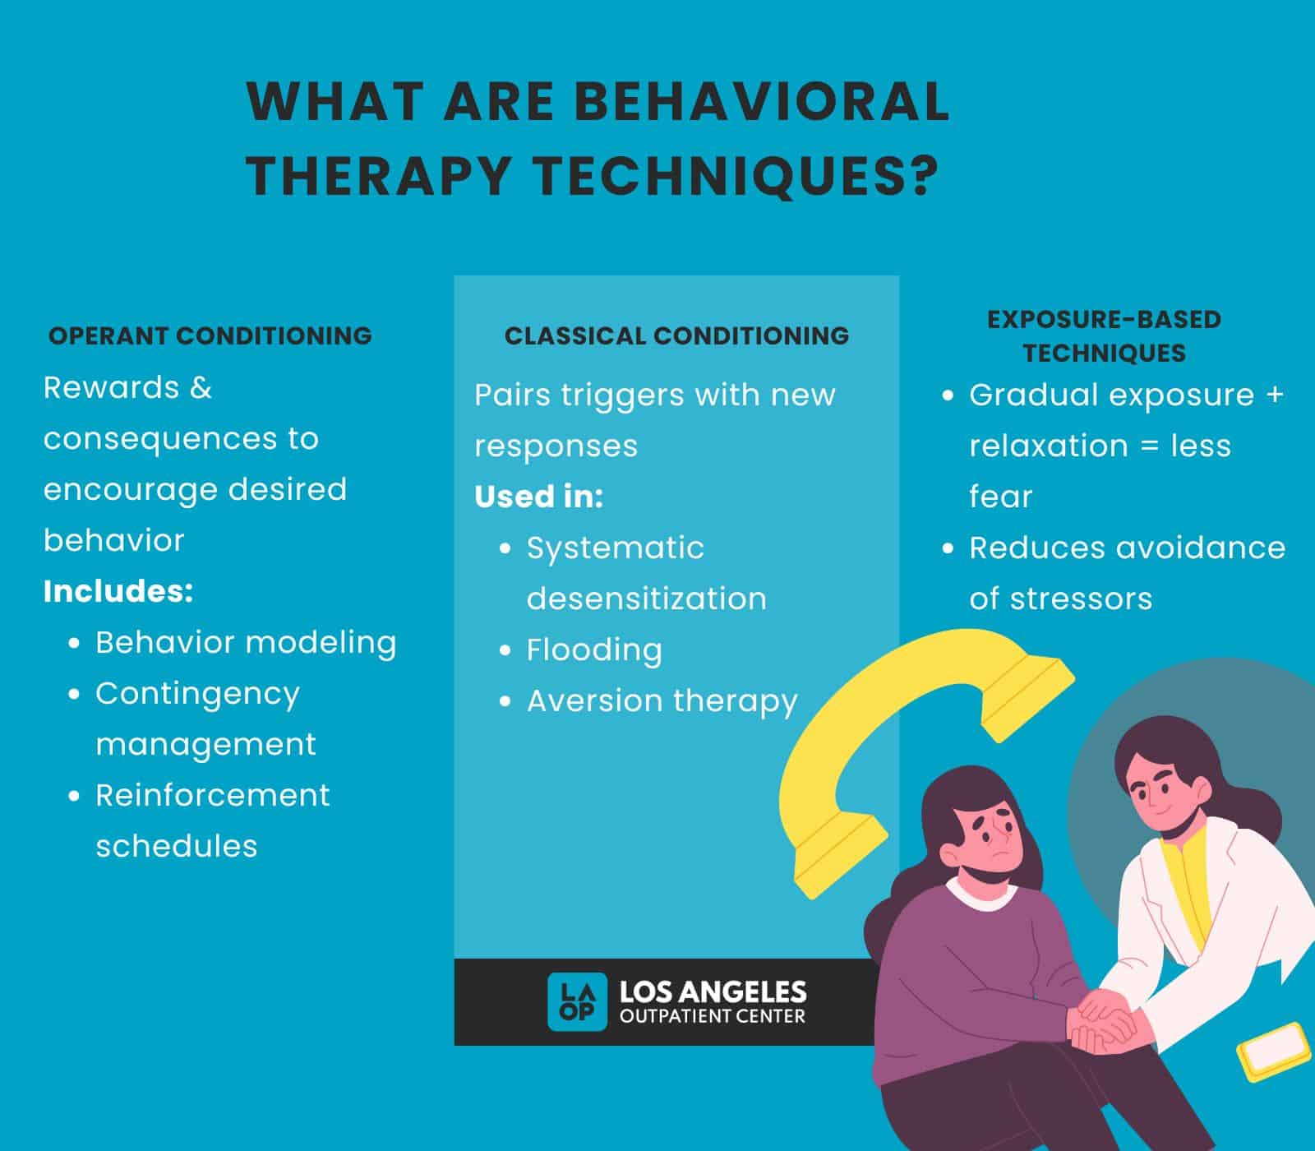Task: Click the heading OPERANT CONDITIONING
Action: pyautogui.click(x=210, y=335)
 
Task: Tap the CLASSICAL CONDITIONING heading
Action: pyautogui.click(x=676, y=335)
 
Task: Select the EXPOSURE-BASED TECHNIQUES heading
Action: pyautogui.click(x=1104, y=335)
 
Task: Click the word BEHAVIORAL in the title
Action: pyautogui.click(x=762, y=101)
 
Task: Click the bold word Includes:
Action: pyautogui.click(x=118, y=591)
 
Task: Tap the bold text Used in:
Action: pyautogui.click(x=539, y=497)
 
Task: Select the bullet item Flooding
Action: pyautogui.click(x=594, y=649)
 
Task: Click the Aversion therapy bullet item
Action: pyautogui.click(x=662, y=701)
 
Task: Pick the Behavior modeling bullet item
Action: pyautogui.click(x=246, y=642)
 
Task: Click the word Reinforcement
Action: pyautogui.click(x=213, y=795)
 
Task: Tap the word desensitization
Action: pyautogui.click(x=647, y=599)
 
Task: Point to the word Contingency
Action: pyautogui.click(x=197, y=694)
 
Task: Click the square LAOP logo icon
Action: pyautogui.click(x=578, y=1001)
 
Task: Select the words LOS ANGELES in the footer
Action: pyautogui.click(x=713, y=992)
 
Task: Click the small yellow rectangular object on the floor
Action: pyautogui.click(x=1274, y=1052)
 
